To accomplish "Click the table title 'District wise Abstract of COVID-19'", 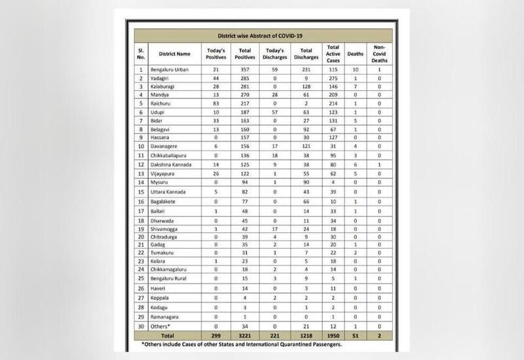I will point(265,37).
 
